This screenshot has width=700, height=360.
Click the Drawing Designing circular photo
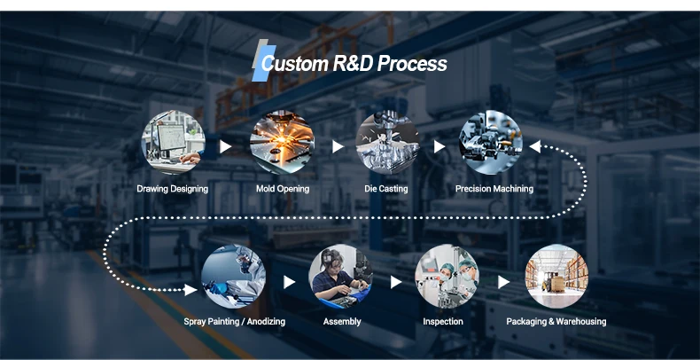point(173,143)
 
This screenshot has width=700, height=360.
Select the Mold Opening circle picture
point(282,143)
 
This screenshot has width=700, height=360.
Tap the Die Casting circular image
point(387,143)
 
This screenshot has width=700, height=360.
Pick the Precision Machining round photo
point(491,143)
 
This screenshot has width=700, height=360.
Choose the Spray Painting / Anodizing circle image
point(234,277)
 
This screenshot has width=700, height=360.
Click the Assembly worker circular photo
point(341,277)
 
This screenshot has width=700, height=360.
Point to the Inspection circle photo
point(447,277)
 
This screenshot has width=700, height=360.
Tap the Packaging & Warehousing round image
point(556,277)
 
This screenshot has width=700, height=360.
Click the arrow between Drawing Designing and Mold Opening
point(225,146)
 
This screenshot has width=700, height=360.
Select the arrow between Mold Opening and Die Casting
point(338,146)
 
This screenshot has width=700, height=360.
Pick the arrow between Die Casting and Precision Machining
point(439,146)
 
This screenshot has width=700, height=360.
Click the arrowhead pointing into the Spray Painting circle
point(191,290)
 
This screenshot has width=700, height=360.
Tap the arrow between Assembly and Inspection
point(396,282)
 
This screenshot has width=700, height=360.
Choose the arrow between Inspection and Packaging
point(503,282)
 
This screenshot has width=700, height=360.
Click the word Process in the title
point(412,64)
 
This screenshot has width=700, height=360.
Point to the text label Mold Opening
point(283,189)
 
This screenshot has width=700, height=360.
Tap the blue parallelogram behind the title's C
point(264,64)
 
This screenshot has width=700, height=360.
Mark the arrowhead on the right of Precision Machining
point(535,146)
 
